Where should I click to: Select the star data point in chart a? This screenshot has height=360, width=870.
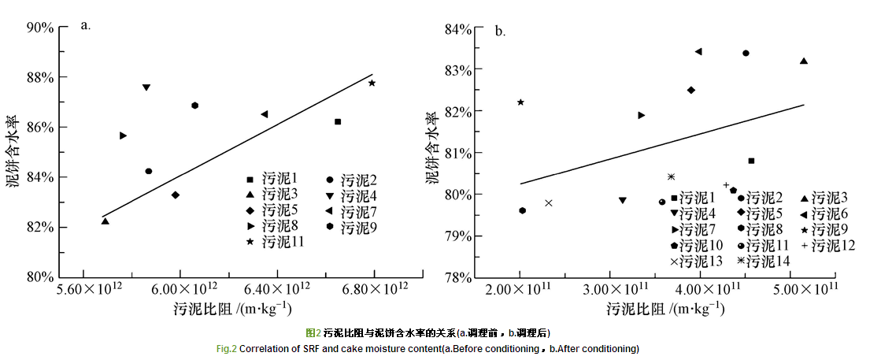pyautogui.click(x=372, y=83)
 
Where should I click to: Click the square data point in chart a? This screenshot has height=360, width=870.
pyautogui.click(x=338, y=121)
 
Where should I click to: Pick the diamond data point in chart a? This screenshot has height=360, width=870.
pyautogui.click(x=176, y=195)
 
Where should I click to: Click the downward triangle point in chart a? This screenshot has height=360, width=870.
pyautogui.click(x=146, y=87)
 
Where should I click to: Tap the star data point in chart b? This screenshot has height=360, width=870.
pyautogui.click(x=520, y=102)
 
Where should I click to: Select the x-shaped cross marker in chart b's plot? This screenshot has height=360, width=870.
pyautogui.click(x=549, y=202)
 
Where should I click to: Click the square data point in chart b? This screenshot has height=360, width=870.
pyautogui.click(x=751, y=161)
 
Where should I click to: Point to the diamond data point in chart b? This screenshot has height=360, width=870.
pyautogui.click(x=691, y=90)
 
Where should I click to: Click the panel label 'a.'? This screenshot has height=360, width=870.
pyautogui.click(x=86, y=25)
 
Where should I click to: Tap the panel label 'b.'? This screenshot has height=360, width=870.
pyautogui.click(x=500, y=32)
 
